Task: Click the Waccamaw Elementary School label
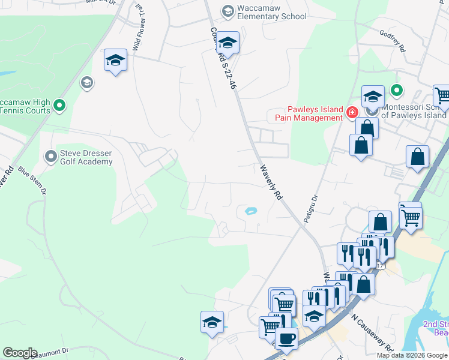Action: click(x=272, y=12)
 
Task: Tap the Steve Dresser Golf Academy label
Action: click(x=86, y=157)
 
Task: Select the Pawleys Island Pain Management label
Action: click(x=309, y=113)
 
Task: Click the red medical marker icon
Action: click(x=352, y=112)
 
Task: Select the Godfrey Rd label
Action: click(x=393, y=38)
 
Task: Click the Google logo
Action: click(x=20, y=353)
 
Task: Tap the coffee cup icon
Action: click(x=286, y=338)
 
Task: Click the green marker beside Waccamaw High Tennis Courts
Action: click(x=59, y=106)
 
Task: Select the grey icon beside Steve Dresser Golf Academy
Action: click(x=51, y=157)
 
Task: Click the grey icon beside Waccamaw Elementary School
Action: click(x=228, y=11)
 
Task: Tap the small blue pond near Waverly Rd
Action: click(x=251, y=211)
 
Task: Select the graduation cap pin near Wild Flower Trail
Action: click(x=115, y=60)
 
